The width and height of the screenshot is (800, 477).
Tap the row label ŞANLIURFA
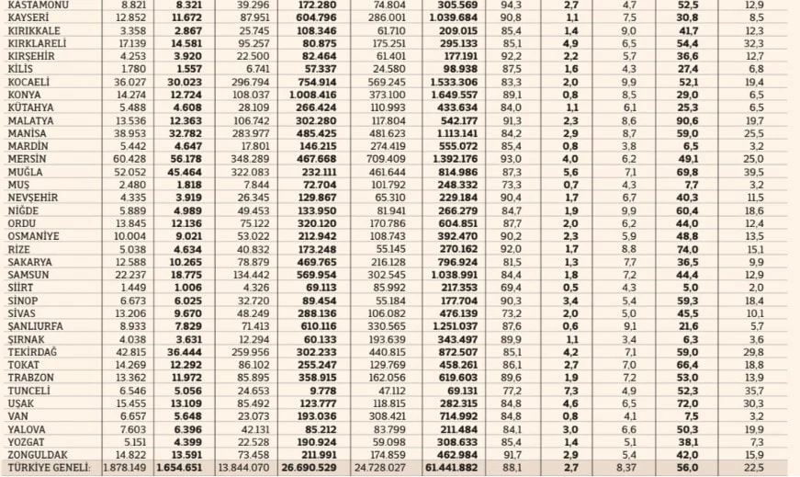click(x=37, y=326)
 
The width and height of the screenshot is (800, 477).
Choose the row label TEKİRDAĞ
click(x=34, y=352)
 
